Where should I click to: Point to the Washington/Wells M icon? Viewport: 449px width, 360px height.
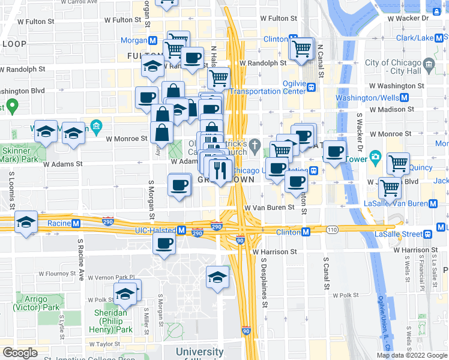[404, 98]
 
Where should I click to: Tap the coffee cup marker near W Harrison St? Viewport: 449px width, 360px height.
[164, 244]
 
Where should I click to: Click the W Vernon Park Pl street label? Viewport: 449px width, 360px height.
[112, 277]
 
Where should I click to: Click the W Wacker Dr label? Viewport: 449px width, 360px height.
[408, 18]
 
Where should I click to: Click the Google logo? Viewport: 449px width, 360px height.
[20, 353]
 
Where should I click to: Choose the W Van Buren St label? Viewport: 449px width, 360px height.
[270, 208]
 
